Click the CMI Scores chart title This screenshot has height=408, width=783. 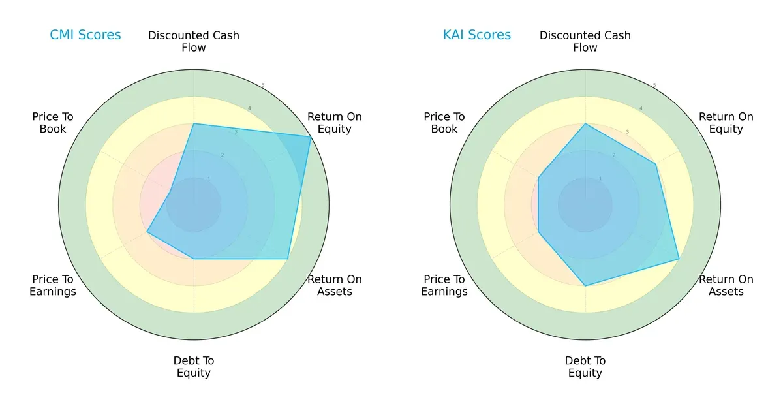coord(85,35)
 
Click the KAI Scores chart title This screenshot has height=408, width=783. coord(477,35)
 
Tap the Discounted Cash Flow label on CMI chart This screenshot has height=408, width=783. coord(194,41)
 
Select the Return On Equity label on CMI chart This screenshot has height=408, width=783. coord(335,123)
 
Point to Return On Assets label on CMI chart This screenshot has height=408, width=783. coord(335,285)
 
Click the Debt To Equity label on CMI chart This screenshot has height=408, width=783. coord(194,367)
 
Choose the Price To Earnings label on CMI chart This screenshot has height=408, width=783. coord(53,285)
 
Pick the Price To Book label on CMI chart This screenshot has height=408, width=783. coord(53,123)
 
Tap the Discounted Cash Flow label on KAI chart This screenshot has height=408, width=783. coord(585,41)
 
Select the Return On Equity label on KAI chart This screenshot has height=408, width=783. coord(726,123)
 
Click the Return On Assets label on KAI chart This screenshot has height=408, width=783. coord(726,285)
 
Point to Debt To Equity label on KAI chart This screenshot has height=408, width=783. coord(585,367)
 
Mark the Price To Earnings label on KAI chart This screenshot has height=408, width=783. coord(444,285)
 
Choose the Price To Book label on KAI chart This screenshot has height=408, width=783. coord(444,123)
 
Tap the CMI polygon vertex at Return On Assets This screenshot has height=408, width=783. coord(288,259)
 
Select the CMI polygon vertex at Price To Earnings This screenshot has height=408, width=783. coord(147,232)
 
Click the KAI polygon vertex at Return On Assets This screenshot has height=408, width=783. coord(679,259)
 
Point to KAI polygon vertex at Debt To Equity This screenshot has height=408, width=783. coord(585,286)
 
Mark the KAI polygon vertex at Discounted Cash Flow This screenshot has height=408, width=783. coord(585,124)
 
